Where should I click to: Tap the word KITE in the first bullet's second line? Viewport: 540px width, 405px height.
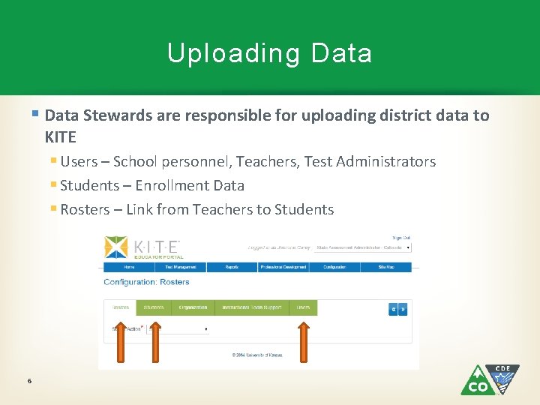(60, 138)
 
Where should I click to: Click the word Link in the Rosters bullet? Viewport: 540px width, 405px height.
(139, 209)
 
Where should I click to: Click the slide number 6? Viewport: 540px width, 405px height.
(28, 381)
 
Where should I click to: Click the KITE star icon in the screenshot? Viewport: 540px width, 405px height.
(115, 247)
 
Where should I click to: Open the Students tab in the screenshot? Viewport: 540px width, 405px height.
(153, 307)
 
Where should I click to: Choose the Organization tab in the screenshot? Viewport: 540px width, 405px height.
(193, 307)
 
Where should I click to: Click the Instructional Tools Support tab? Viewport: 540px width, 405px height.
(251, 307)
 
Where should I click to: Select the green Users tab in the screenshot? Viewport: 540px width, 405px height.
(303, 307)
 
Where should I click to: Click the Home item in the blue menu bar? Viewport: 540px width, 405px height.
(129, 267)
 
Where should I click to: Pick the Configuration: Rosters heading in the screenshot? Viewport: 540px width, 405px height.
(146, 282)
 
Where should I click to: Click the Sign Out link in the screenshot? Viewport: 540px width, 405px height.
(401, 238)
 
